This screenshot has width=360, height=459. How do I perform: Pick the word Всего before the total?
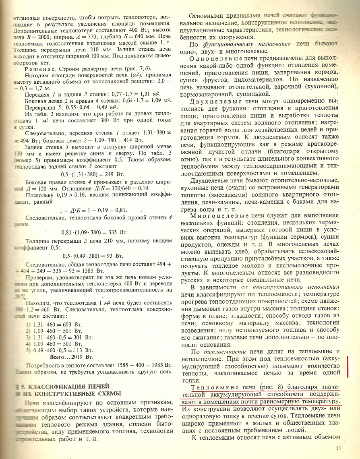click(58, 357)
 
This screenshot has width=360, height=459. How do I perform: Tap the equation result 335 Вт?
click(118, 232)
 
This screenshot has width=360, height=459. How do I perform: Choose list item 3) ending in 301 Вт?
click(59, 337)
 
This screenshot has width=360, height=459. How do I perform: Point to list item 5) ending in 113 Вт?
click(59, 350)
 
